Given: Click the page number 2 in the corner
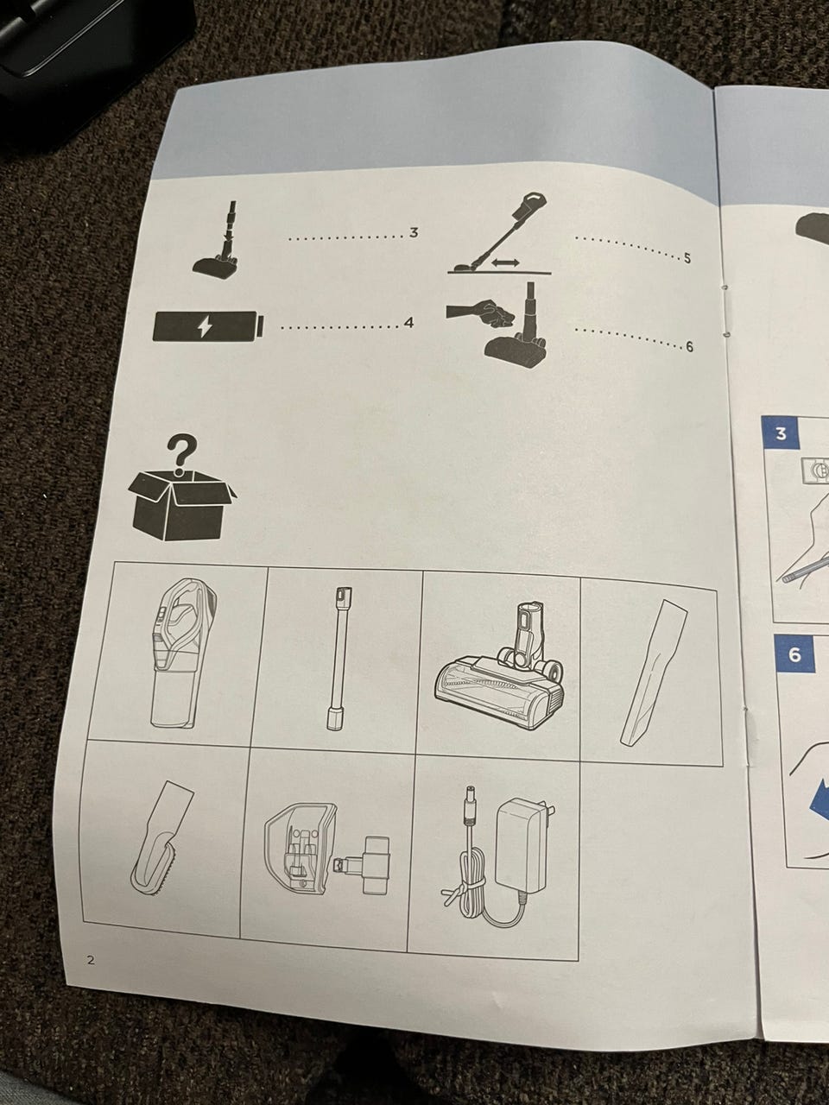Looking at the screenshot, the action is pos(92,959).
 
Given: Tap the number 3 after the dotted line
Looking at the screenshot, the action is pos(414,232).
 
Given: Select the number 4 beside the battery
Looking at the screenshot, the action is pos(408,323).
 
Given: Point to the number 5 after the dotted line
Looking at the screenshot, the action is pos(687,259).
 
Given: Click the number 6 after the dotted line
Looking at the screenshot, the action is pos(689,347).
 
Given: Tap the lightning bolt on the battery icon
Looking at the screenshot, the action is pos(205,327).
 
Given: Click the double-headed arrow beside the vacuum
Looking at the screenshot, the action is pos(506,262).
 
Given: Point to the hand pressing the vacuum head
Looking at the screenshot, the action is pos(482,313).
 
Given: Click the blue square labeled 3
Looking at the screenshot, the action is pos(781,434).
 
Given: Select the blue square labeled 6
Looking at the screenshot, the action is pos(794,655).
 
